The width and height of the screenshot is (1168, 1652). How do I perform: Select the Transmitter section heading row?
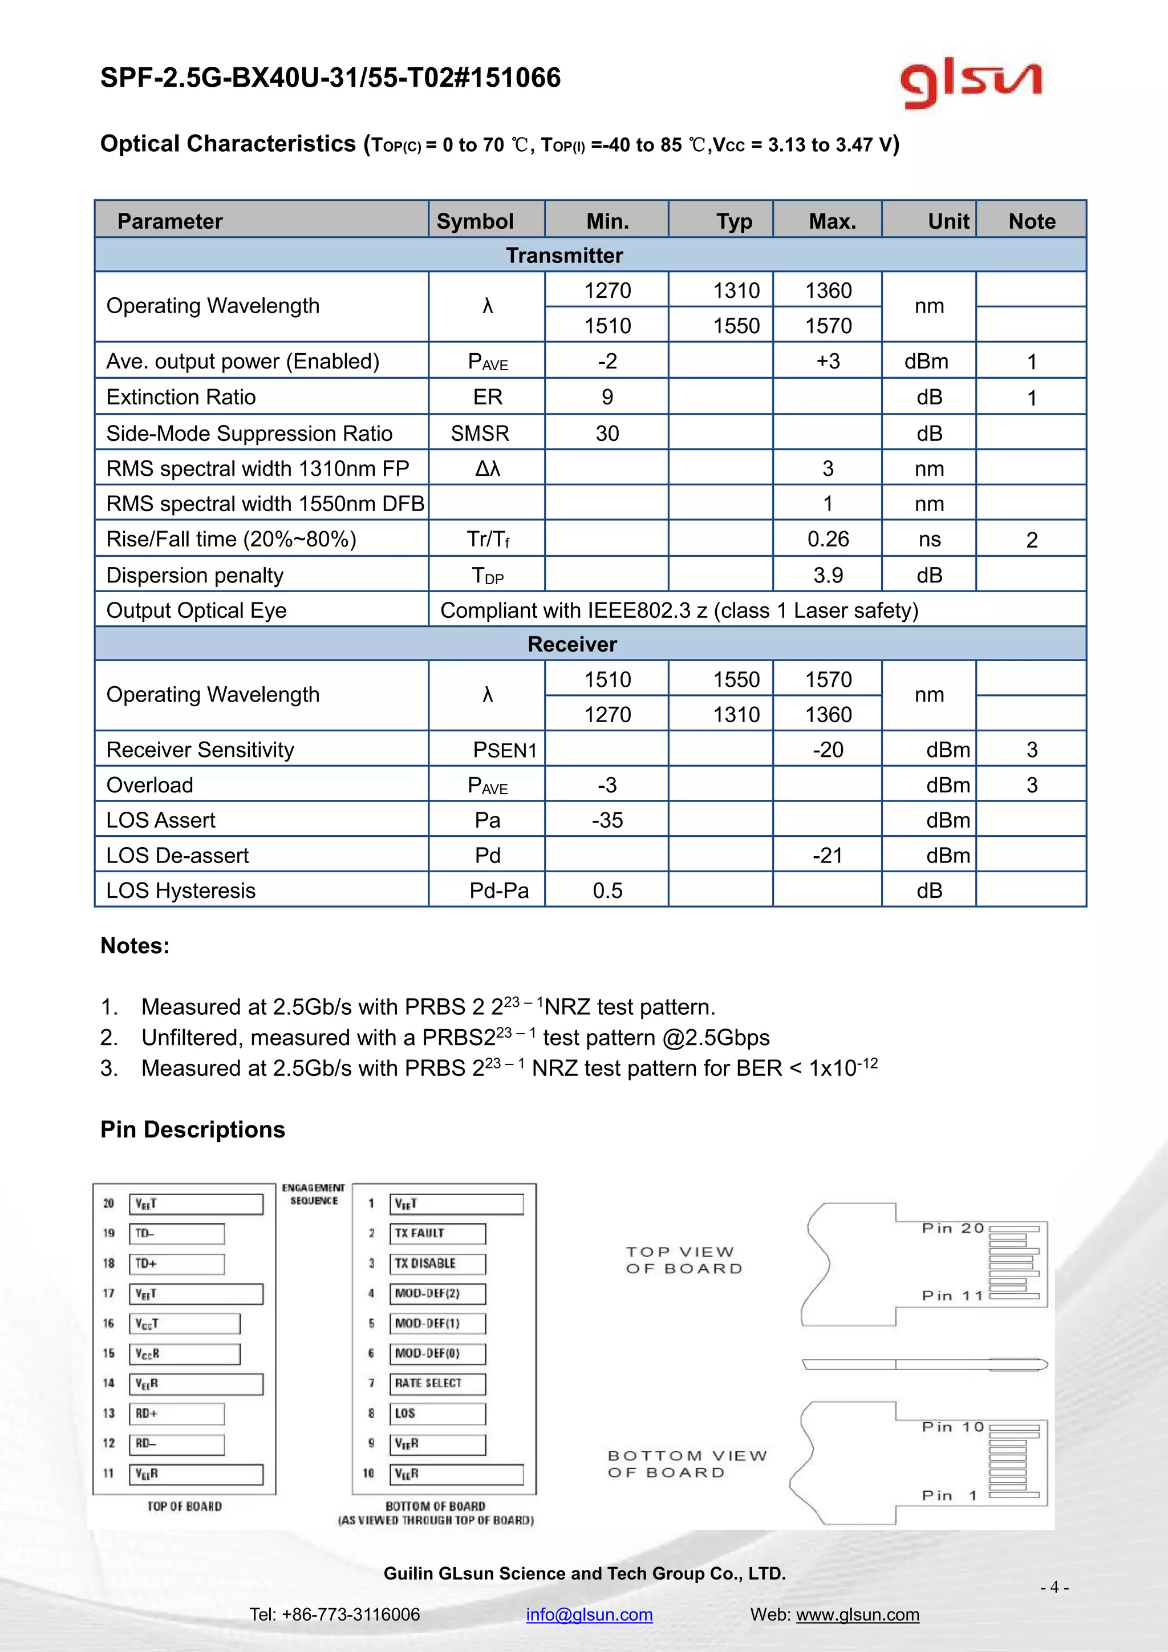(x=564, y=256)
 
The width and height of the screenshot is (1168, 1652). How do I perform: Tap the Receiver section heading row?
(x=572, y=644)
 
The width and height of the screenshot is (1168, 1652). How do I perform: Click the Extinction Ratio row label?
(x=181, y=397)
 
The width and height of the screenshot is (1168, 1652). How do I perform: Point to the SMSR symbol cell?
(x=480, y=433)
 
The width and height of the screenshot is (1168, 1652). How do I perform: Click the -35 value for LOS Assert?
(x=607, y=820)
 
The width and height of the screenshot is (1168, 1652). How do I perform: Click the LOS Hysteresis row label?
(x=181, y=891)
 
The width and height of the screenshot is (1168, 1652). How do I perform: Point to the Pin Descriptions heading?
(x=193, y=1129)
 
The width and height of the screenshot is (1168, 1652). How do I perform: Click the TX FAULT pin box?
(x=437, y=1233)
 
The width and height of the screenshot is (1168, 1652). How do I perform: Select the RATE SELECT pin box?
(x=437, y=1383)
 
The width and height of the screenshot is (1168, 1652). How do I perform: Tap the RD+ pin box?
(x=177, y=1413)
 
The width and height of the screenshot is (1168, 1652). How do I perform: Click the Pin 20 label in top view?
(x=952, y=1228)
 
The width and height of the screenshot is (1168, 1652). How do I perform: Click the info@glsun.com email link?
(x=589, y=1614)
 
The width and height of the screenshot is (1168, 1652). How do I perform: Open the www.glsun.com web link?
(x=857, y=1614)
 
